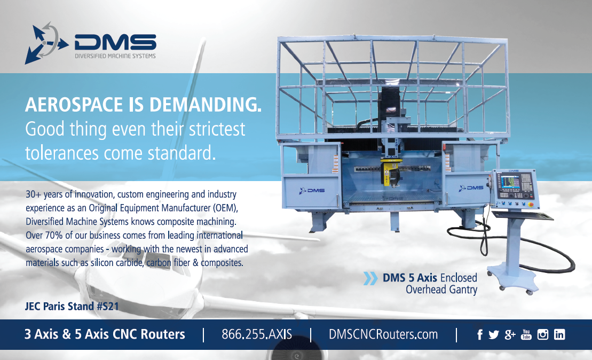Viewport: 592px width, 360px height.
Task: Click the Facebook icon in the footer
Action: (x=479, y=335)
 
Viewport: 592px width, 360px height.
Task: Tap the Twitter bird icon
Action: (x=493, y=335)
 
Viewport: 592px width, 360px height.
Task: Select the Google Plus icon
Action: (x=510, y=335)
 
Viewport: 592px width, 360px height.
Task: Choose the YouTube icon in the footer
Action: (x=526, y=334)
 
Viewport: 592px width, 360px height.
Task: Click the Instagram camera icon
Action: (x=542, y=334)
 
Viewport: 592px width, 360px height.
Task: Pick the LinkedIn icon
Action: (x=559, y=334)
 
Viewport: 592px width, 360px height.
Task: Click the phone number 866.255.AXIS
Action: (x=257, y=334)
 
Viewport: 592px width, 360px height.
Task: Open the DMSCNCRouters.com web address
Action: (x=383, y=334)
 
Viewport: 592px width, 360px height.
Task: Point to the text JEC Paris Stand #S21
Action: (x=72, y=306)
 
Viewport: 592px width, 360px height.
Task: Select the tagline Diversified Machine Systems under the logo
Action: (x=115, y=56)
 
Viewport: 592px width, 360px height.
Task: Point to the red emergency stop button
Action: (x=532, y=205)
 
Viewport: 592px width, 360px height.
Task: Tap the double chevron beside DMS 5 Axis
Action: (x=370, y=278)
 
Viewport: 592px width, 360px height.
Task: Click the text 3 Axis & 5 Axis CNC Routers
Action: (x=105, y=334)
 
